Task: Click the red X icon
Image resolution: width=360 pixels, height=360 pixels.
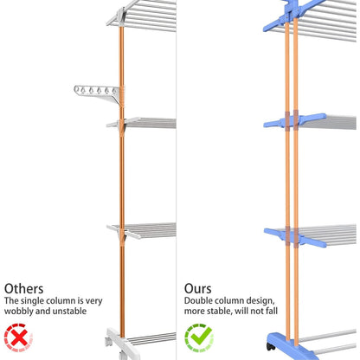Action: point(18,337)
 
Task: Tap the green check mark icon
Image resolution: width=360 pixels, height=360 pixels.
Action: point(199,337)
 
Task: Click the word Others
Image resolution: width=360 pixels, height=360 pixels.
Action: point(23,288)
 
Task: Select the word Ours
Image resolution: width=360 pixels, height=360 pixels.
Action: point(198,288)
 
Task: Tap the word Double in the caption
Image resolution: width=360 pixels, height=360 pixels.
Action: point(197,300)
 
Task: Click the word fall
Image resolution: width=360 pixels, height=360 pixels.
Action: point(272,311)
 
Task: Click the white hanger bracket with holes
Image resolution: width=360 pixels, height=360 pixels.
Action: point(98,94)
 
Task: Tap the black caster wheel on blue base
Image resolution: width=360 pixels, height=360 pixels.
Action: point(271,346)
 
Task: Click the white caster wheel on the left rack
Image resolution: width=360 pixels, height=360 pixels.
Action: point(108,342)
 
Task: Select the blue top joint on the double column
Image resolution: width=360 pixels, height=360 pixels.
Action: point(291,16)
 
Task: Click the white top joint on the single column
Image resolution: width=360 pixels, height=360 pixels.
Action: point(119,16)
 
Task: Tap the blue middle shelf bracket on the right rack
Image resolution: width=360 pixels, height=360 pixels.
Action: point(295,121)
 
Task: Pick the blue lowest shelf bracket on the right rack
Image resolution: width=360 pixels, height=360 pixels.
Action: point(295,236)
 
